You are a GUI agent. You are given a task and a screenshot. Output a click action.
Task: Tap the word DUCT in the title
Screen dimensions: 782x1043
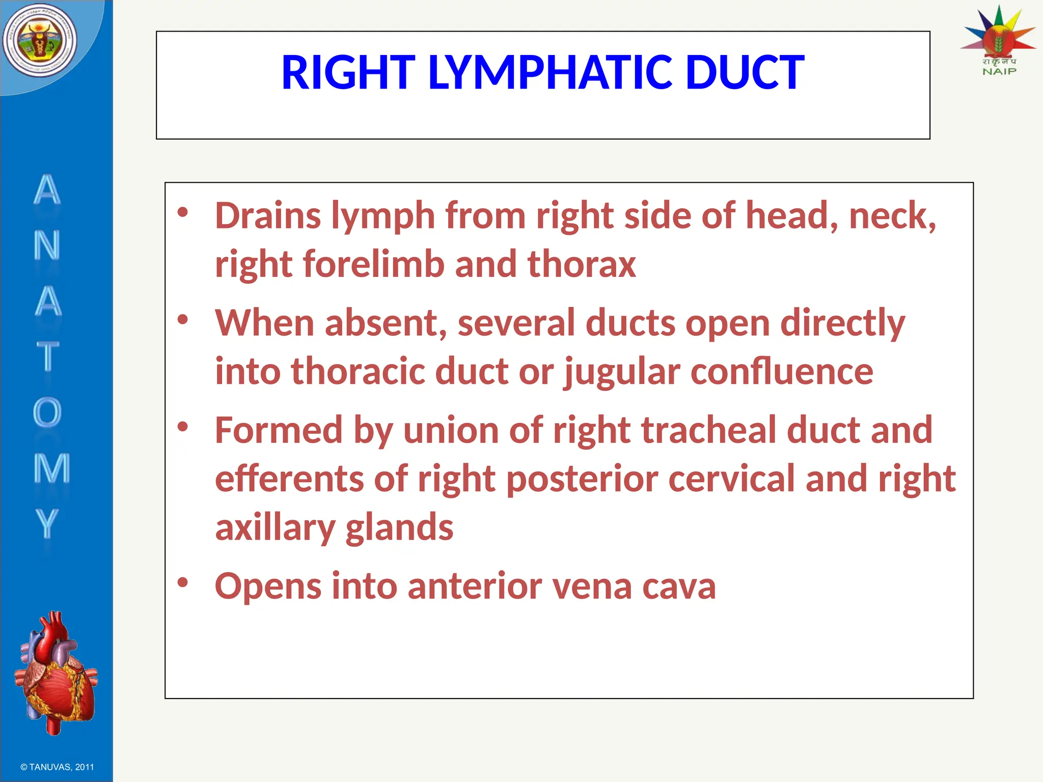[745, 73]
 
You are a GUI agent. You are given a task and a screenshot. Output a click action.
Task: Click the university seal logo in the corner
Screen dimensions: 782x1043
[40, 41]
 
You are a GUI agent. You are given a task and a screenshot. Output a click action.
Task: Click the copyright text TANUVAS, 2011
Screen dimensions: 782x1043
[57, 767]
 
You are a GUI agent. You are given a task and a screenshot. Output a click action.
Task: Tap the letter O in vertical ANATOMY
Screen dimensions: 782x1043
[47, 412]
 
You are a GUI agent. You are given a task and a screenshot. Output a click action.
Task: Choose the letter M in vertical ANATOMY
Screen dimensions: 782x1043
[51, 468]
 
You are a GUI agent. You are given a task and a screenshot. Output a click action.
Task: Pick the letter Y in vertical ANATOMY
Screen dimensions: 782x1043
[47, 523]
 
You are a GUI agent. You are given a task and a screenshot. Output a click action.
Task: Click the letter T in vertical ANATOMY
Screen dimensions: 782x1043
[48, 356]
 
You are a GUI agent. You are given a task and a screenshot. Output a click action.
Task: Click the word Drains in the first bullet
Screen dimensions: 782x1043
[268, 216]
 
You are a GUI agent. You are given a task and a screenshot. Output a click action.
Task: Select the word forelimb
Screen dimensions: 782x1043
[373, 264]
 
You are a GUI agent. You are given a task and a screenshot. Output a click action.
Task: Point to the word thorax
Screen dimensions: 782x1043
[582, 264]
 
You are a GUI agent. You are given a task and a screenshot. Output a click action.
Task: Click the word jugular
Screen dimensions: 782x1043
[622, 372]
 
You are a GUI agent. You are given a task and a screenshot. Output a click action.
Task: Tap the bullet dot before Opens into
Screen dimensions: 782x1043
[183, 581]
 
